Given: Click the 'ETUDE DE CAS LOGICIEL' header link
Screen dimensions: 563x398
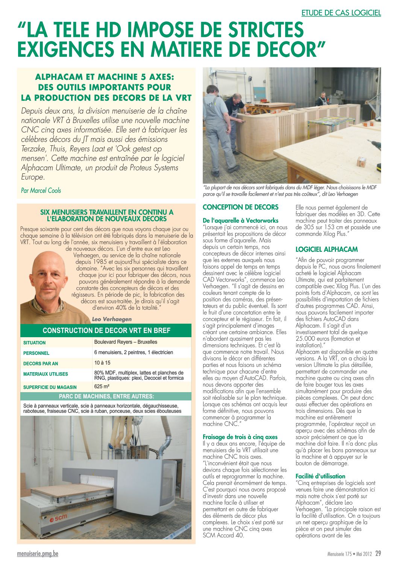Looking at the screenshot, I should (341, 13).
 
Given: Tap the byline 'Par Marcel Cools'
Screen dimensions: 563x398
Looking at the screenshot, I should (41, 190).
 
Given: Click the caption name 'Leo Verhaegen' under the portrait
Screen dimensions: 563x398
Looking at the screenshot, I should (112, 319).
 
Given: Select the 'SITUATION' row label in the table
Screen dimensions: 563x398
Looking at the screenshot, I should (34, 343).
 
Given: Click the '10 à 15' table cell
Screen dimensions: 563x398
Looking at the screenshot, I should (102, 363).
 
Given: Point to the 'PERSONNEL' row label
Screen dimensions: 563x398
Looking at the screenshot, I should (36, 353).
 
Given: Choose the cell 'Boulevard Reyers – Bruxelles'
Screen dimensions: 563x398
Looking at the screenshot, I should (126, 342).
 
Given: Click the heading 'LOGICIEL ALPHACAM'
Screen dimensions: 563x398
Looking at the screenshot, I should (327, 249).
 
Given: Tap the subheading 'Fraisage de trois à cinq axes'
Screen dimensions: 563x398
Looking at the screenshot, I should (240, 437).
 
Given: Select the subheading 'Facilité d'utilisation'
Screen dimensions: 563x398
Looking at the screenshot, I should (320, 476).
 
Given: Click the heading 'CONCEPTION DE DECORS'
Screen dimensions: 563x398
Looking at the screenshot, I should (240, 207).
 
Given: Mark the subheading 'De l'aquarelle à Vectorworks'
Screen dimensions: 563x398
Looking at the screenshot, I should (240, 221).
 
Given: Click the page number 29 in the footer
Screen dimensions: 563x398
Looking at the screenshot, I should (378, 554).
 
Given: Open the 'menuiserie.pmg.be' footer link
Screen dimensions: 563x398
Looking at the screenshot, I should (38, 554).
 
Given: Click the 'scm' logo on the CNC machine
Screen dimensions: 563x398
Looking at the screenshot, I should (59, 518).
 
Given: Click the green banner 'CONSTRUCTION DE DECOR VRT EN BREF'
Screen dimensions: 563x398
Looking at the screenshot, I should (106, 330).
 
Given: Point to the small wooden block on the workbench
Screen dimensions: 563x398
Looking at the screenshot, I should (362, 162).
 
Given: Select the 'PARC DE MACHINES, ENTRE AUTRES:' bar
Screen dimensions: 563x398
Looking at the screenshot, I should (106, 396).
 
